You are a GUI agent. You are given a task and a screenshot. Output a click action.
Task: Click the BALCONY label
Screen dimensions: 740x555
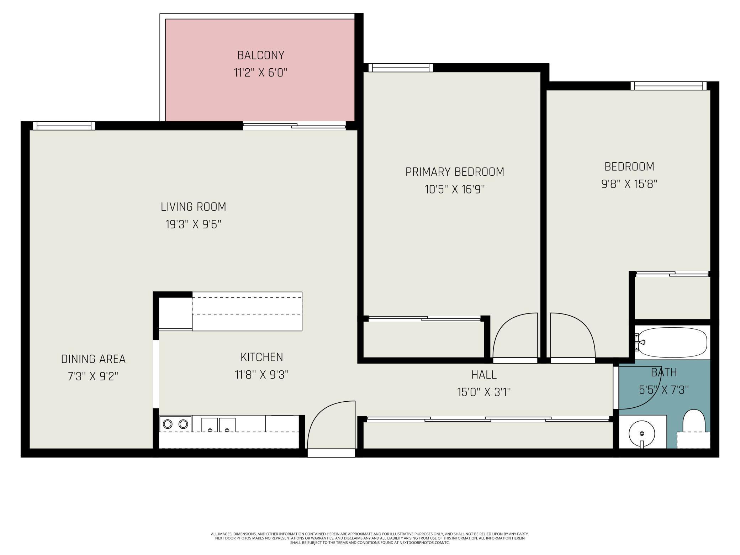coord(261,55)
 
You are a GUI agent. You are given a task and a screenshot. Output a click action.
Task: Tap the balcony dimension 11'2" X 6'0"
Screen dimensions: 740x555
coord(261,73)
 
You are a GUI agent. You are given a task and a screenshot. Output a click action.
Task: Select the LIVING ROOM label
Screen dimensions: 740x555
coord(193,207)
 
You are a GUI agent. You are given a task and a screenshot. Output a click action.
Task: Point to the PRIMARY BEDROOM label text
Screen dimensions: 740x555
coord(455,172)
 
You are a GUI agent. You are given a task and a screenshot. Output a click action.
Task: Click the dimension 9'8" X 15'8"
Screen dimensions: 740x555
coord(629,184)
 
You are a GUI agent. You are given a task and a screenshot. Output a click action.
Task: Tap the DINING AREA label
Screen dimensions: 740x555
coord(93,359)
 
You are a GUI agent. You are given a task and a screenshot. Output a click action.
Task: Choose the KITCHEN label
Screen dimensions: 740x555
coord(262,357)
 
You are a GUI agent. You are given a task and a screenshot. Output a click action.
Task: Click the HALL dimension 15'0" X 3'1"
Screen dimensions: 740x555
coord(484,392)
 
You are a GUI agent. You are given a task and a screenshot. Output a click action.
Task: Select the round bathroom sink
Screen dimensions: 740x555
coord(642,434)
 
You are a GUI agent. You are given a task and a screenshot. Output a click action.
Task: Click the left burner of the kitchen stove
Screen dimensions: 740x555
coord(168,424)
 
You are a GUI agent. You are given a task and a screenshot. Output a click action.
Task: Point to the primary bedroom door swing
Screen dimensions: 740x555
coord(515,335)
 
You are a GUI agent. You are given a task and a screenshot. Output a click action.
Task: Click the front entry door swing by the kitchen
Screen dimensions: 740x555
coord(331,425)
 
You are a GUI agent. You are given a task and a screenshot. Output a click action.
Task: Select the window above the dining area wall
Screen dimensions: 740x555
coord(64,126)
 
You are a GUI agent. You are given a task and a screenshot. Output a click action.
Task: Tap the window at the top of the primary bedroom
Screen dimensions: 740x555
coord(401,68)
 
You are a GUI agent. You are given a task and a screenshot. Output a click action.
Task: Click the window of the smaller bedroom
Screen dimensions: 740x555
coord(669,86)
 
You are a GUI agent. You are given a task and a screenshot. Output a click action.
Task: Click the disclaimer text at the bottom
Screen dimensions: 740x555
coord(370,538)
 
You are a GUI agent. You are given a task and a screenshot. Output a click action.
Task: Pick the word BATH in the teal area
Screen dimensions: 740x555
coord(664,372)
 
